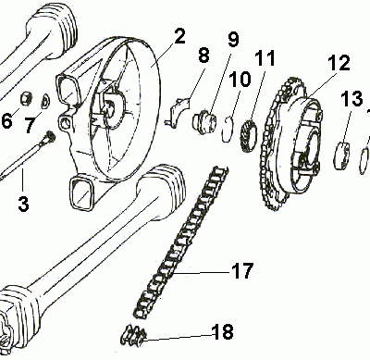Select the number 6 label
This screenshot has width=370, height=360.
(x=8, y=121)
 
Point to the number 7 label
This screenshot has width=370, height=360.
(x=30, y=124)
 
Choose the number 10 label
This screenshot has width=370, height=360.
(x=239, y=80)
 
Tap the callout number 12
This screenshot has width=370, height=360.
(x=338, y=64)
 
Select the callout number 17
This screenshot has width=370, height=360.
(x=240, y=272)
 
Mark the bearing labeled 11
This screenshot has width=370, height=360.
(x=247, y=128)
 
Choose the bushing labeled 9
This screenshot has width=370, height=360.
(x=202, y=120)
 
